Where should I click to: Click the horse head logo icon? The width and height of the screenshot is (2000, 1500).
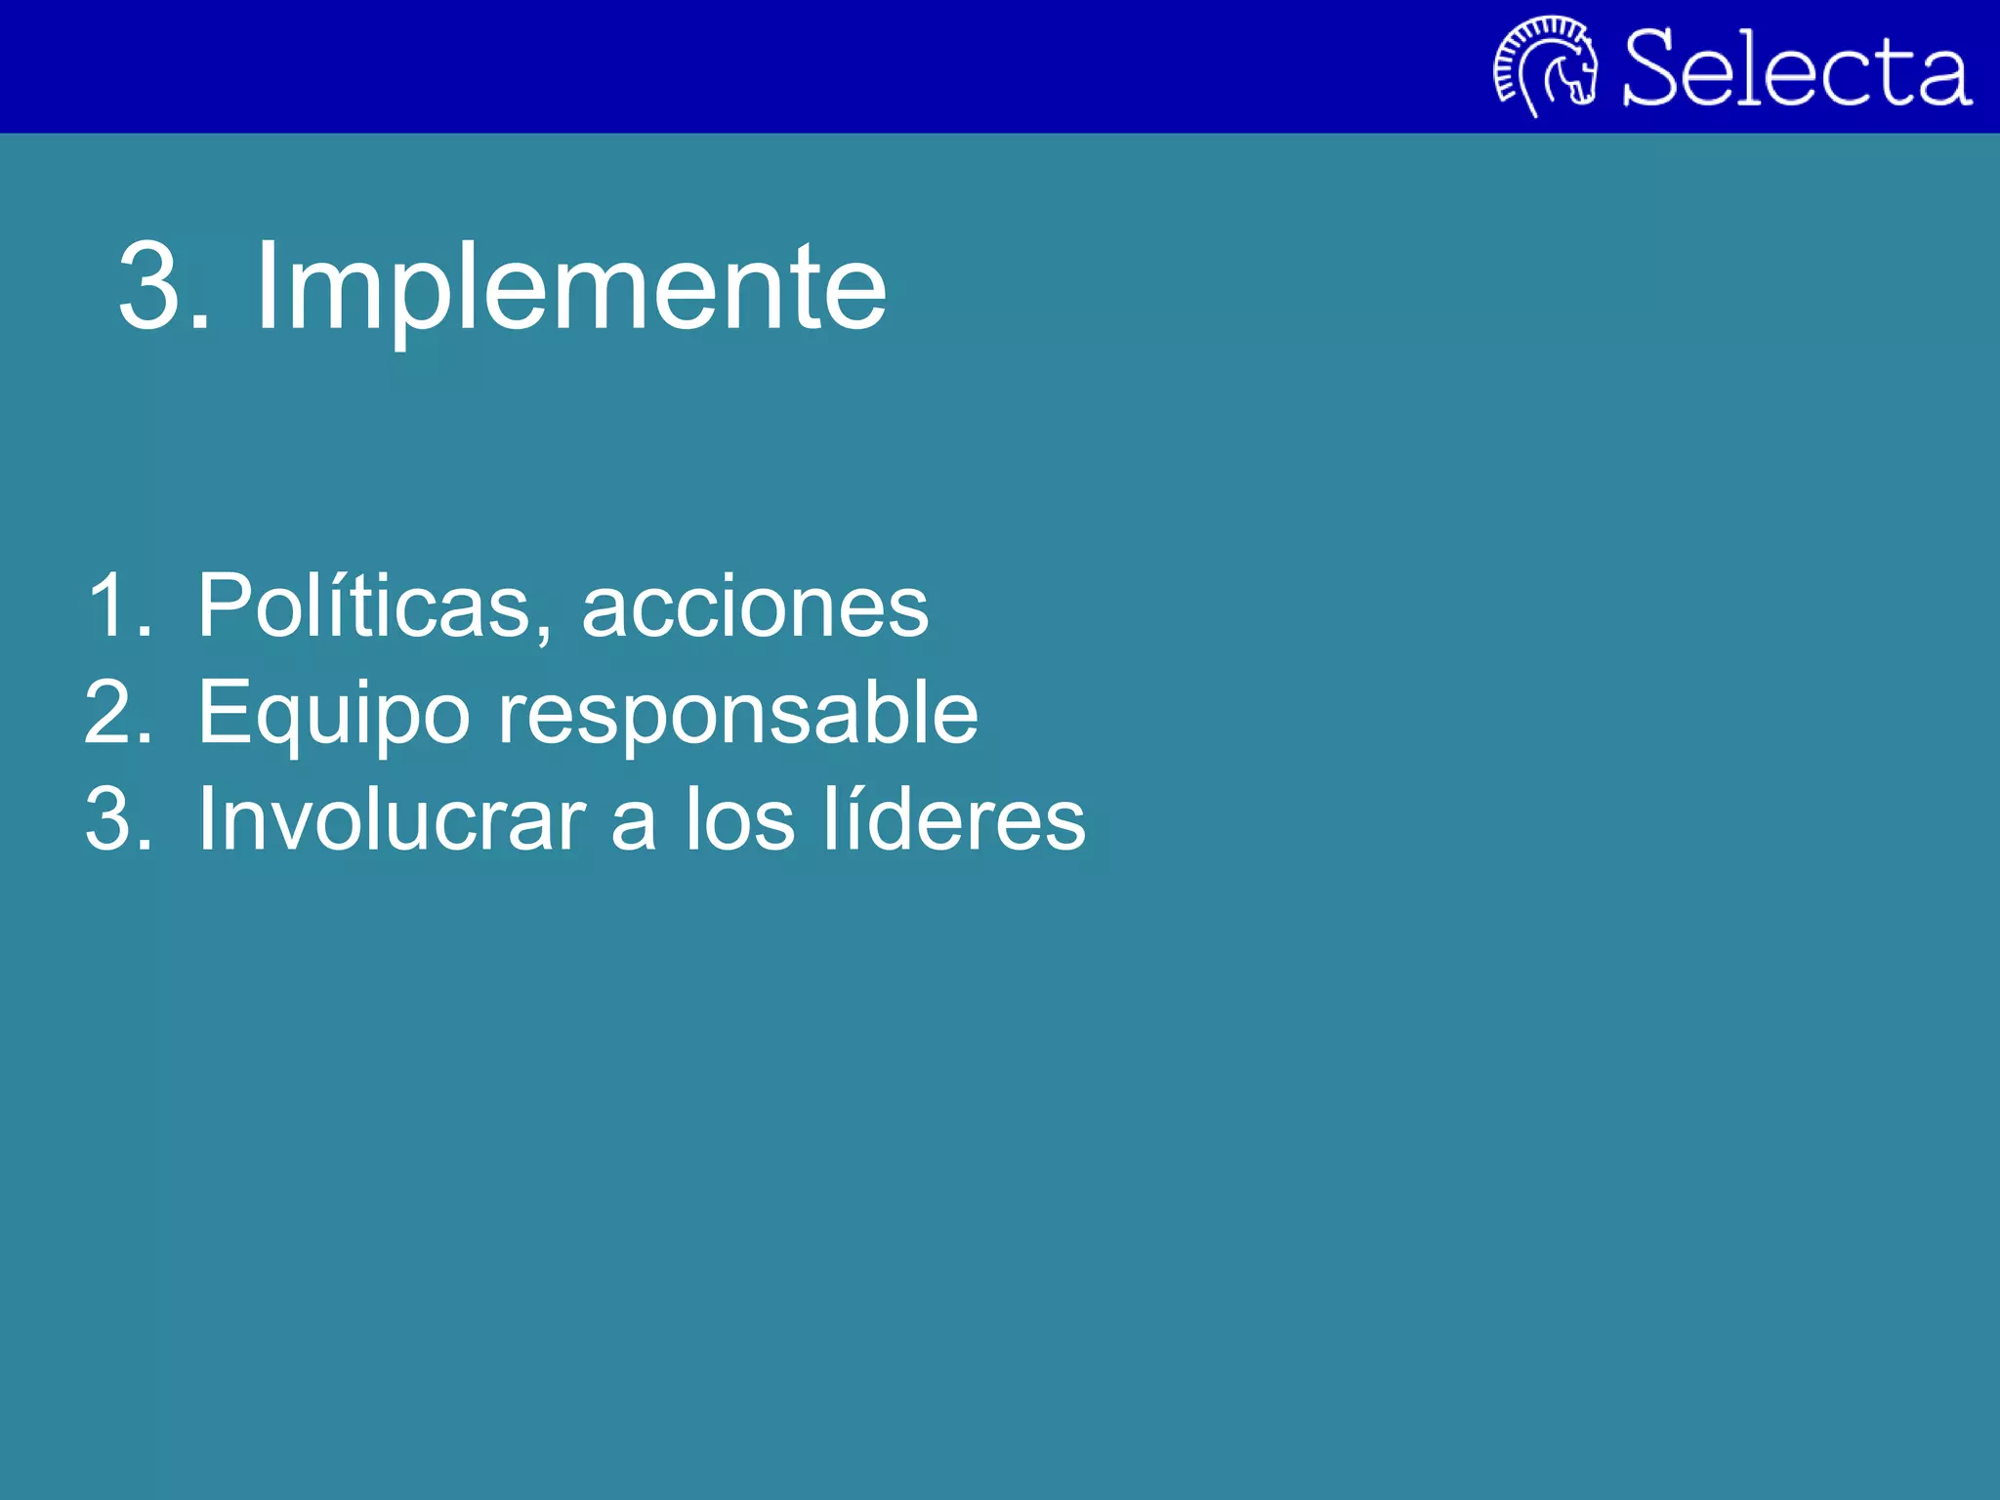point(1546,65)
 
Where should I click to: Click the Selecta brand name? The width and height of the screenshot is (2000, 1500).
point(1797,68)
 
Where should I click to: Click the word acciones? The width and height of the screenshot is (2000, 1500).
point(755,607)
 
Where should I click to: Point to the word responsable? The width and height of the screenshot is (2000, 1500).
point(737,714)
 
